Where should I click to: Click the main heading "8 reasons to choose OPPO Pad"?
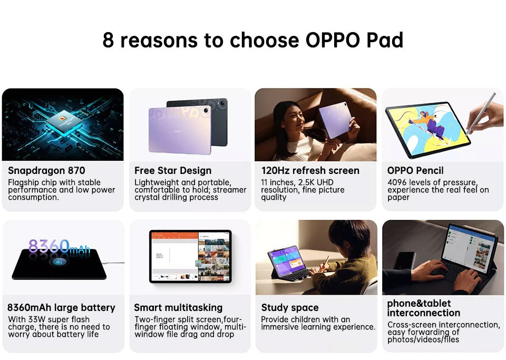pos(253,41)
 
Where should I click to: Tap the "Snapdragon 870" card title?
pos(46,171)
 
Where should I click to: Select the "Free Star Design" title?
pos(173,171)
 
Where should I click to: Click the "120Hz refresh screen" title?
pos(310,171)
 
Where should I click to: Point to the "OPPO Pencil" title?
pos(415,171)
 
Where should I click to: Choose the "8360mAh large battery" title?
pos(61,308)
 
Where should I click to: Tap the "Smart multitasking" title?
pos(178,308)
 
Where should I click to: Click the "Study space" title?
pos(290,308)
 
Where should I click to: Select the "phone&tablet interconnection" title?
pos(424,308)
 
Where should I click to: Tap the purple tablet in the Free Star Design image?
pos(179,129)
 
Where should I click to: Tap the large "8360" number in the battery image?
pos(49,246)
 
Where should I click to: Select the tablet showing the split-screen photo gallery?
pos(190,256)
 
